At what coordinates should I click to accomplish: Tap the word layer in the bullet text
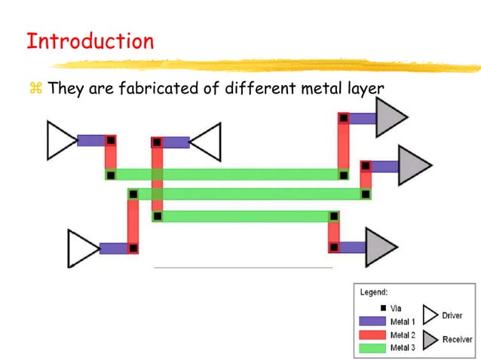point(365,90)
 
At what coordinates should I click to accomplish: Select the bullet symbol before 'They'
point(34,90)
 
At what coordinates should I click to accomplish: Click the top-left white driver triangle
point(60,140)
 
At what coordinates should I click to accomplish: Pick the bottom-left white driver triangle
point(81,249)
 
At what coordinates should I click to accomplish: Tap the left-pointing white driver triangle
point(207,142)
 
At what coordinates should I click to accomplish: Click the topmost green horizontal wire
point(226,175)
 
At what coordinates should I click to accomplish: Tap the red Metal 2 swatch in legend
point(372,334)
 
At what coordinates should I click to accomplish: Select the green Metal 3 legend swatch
point(372,347)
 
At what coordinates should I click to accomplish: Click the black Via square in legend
point(383,308)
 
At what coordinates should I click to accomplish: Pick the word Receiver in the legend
point(457,340)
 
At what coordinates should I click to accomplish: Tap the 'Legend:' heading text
point(374,291)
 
